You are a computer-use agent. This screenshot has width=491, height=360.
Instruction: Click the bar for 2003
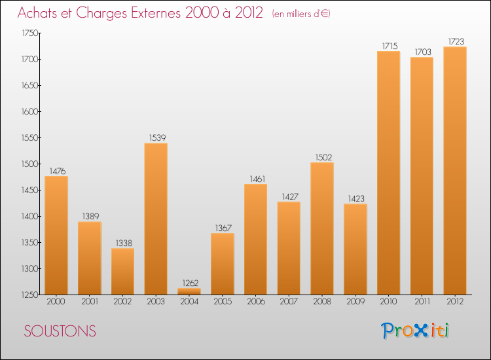155,219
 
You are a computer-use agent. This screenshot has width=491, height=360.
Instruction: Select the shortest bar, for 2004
189,291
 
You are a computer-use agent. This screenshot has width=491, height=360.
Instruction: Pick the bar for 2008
321,228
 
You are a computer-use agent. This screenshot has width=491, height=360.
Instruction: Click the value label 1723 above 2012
455,41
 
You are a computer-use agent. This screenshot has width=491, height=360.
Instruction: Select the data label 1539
155,137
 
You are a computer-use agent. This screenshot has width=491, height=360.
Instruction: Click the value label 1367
222,228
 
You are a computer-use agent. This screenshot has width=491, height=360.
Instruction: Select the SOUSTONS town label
60,332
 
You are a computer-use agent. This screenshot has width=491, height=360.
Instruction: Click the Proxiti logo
415,331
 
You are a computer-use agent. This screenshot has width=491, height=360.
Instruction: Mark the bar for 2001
89,258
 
